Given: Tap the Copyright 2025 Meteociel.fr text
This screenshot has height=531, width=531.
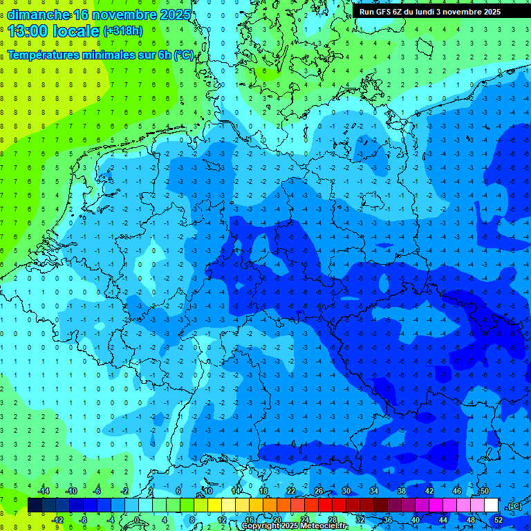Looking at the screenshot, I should (295, 526).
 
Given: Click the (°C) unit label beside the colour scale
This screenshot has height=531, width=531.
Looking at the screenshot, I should (514, 506).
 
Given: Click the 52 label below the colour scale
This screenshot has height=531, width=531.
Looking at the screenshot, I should (499, 520).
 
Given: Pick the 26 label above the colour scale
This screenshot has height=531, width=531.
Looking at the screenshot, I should (319, 491).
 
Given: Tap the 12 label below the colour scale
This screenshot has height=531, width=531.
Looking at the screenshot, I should (222, 520).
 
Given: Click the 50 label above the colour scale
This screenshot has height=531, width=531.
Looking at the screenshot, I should (485, 491).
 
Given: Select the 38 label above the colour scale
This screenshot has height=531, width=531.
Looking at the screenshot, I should (402, 491).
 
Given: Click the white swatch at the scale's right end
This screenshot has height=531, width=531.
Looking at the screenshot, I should (492, 505).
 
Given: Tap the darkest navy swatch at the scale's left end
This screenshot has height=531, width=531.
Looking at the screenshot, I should (35, 505).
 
